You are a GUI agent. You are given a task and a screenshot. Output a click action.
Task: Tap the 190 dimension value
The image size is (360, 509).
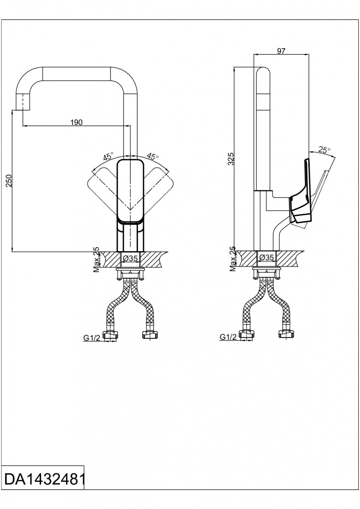tap(76, 123)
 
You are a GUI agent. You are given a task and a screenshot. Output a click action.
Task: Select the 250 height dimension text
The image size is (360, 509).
tap(9, 181)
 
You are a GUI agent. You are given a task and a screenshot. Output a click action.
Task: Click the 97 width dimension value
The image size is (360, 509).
tap(281, 51)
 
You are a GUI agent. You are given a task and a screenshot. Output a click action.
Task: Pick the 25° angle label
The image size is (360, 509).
tap(324, 150)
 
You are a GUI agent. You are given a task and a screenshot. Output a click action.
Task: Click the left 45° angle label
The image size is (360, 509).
tap(109, 157)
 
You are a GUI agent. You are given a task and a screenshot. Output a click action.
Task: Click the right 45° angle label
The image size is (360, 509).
tap(152, 156)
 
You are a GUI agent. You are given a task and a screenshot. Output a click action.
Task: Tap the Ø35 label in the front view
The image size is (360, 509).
tap(130, 258)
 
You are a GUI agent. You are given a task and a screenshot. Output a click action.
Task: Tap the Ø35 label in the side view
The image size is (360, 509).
tap(267, 257)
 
